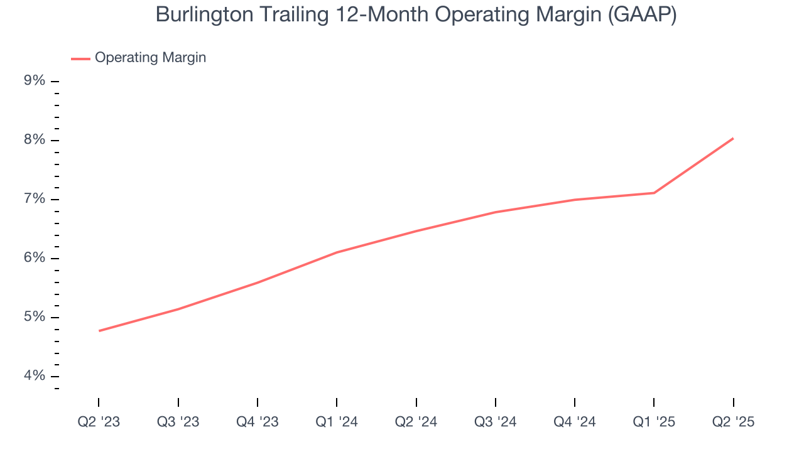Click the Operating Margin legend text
click(150, 58)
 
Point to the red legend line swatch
click(80, 58)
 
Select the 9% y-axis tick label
click(35, 81)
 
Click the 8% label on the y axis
click(35, 140)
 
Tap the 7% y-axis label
click(35, 199)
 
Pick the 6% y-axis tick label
click(35, 258)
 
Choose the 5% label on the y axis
click(35, 317)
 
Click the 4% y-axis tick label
click(35, 376)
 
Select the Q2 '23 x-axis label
click(99, 422)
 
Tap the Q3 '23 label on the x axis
click(178, 422)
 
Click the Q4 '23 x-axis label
click(258, 422)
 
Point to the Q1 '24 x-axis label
click(337, 422)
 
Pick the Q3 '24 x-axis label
click(496, 422)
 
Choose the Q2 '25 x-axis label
click(733, 422)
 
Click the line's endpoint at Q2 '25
click(733, 138)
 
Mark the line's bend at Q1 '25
click(654, 193)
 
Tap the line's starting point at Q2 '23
click(99, 331)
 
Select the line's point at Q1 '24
click(337, 252)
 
